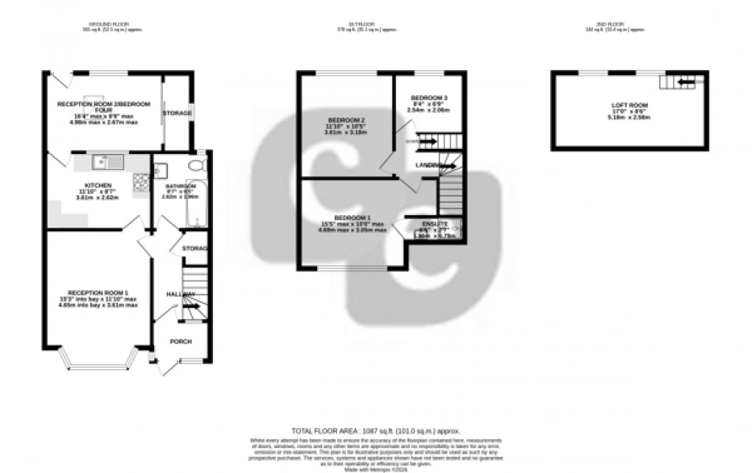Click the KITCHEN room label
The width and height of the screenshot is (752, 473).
[x=98, y=185]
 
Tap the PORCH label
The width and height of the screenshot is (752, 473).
[x=181, y=341]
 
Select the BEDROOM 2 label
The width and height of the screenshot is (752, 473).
[x=345, y=120]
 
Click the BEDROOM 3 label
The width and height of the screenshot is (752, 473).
[x=428, y=98]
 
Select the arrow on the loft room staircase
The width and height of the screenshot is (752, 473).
[x=685, y=82]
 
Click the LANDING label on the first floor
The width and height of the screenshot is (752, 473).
[x=429, y=164]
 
